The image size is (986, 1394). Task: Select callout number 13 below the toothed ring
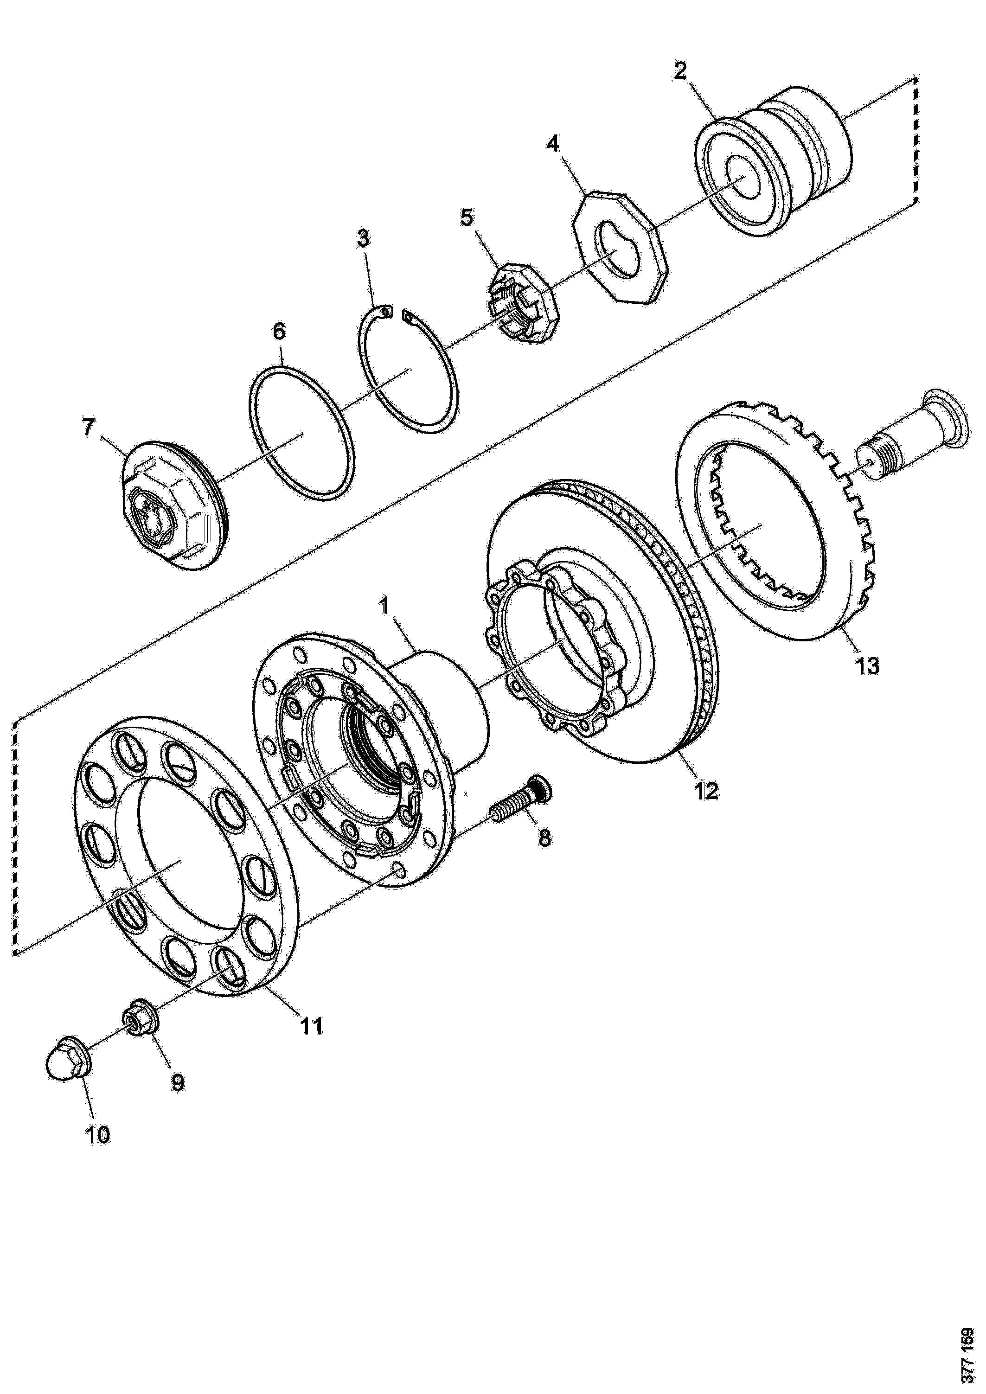coord(868,666)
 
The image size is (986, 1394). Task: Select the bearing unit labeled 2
coord(771,161)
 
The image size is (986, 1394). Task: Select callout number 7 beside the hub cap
coord(89,428)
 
